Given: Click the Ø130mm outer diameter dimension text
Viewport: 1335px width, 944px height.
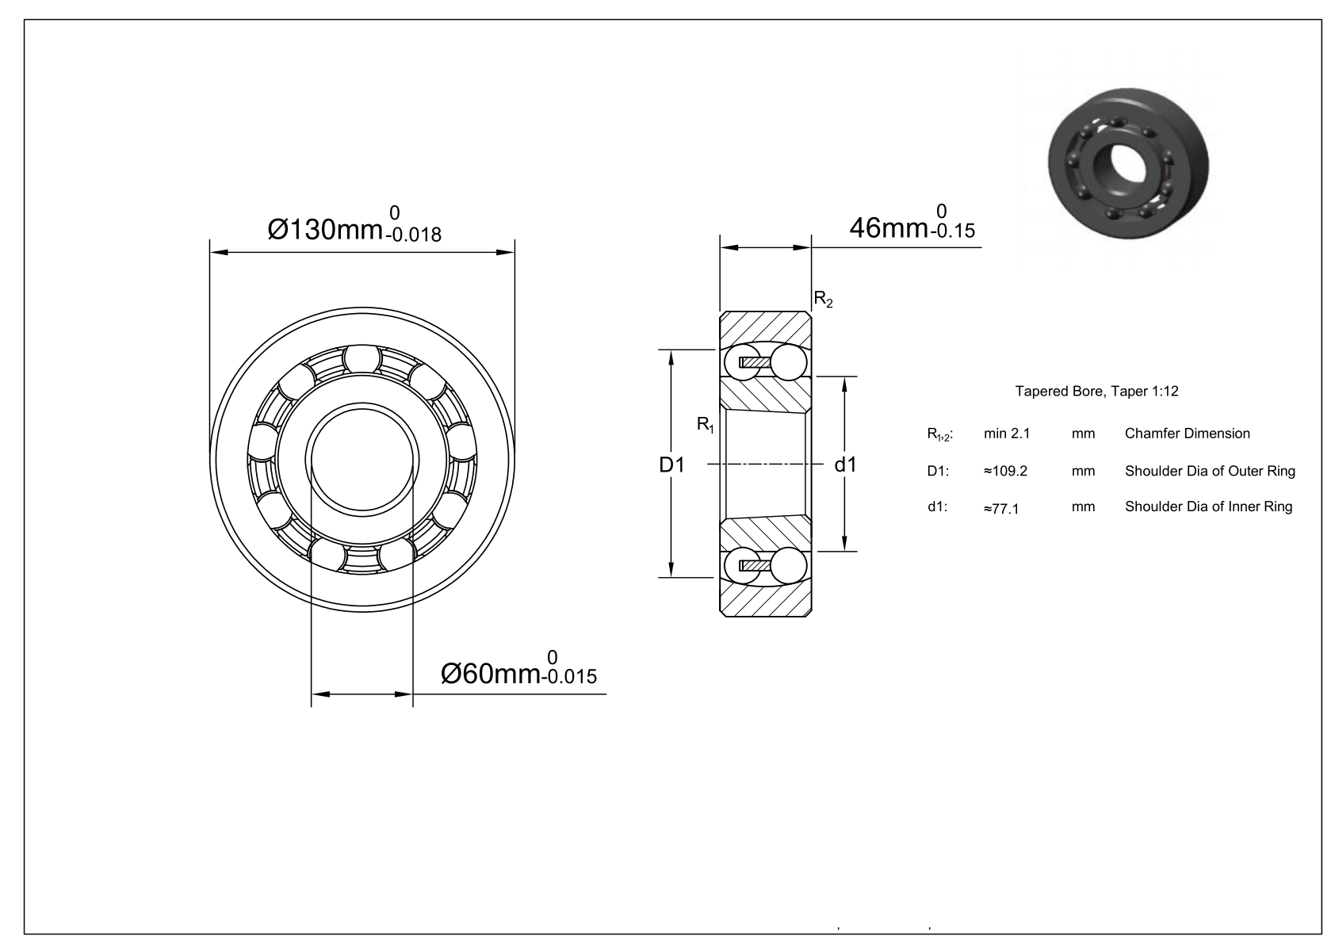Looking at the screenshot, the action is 327,230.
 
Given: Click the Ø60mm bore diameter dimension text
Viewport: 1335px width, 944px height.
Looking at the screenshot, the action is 492,674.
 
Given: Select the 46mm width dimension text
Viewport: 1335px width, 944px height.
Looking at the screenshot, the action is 888,227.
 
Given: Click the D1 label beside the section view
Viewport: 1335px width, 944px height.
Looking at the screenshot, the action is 671,465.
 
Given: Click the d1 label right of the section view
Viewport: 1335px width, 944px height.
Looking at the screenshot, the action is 846,464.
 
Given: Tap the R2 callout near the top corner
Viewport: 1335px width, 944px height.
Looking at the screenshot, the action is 824,300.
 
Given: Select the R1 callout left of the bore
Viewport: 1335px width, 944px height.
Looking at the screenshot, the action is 706,425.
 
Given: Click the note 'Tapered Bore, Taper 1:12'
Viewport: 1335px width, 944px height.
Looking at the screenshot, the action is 1097,392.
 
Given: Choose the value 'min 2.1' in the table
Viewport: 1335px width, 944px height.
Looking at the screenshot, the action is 1007,434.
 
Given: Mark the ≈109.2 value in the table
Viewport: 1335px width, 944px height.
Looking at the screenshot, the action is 1005,471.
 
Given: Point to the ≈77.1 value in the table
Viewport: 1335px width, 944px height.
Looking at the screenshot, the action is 1001,508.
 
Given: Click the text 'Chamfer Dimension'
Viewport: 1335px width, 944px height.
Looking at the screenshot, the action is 1188,434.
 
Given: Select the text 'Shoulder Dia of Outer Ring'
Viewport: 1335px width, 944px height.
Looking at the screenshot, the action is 1210,471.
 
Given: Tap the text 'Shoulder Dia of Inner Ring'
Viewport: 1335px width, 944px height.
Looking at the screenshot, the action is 1208,506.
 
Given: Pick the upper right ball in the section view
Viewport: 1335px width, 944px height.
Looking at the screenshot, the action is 790,363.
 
